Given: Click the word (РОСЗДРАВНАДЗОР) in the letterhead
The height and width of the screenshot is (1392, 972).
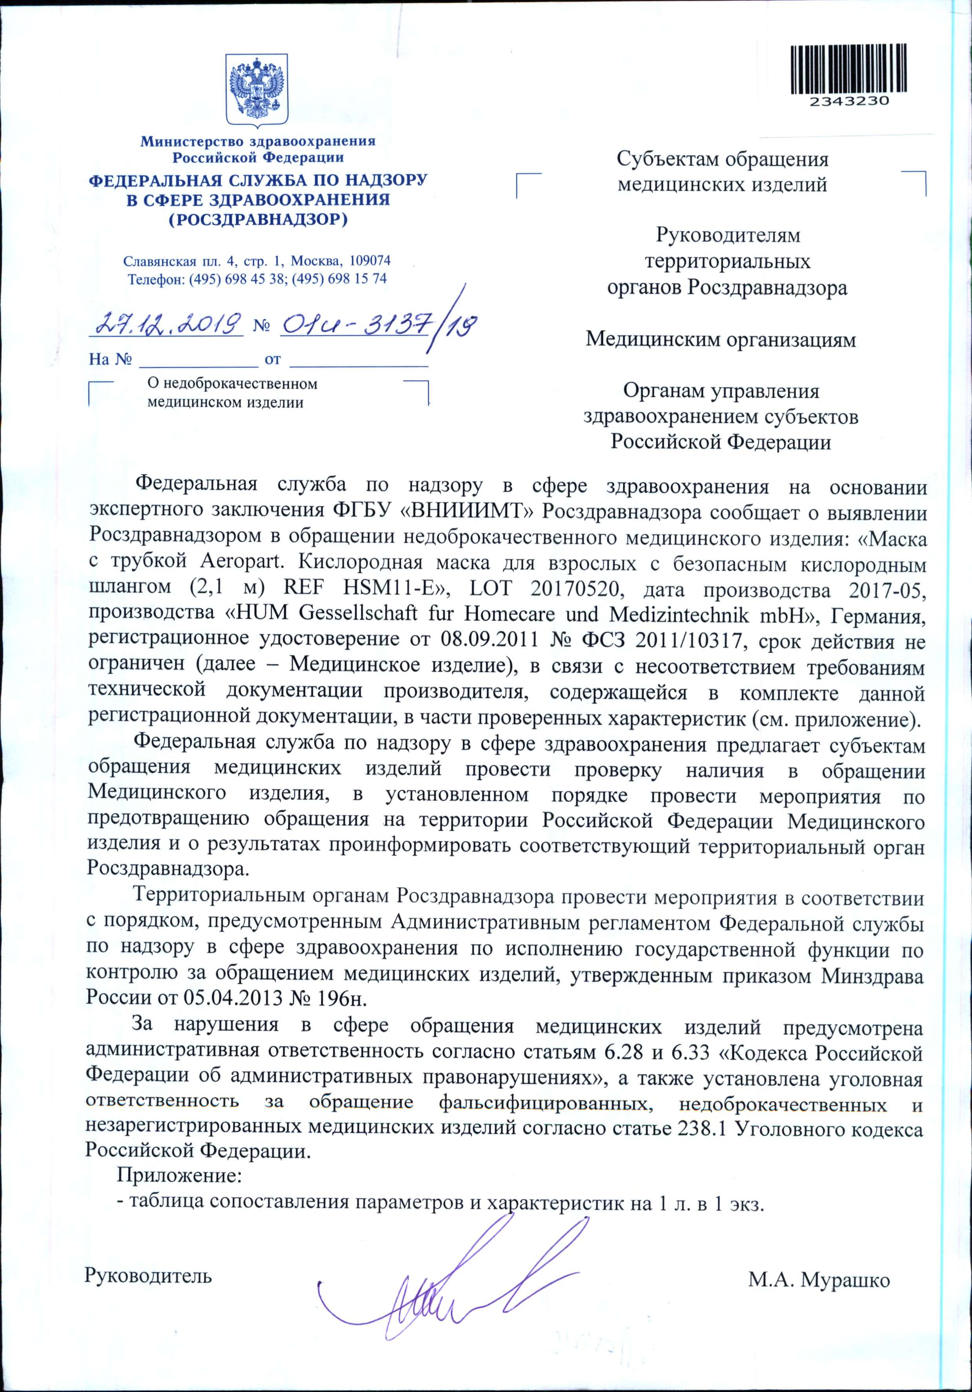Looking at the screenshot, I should tap(258, 219).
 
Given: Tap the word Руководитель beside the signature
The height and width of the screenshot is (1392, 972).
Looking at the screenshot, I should tap(149, 1275).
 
